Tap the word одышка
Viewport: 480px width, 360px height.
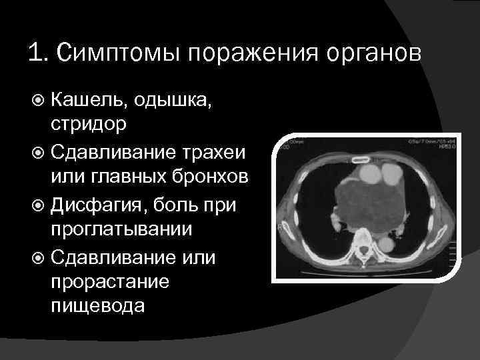click(x=165, y=101)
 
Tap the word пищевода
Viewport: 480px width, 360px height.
click(x=95, y=306)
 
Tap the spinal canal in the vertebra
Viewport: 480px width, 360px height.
click(x=364, y=241)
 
